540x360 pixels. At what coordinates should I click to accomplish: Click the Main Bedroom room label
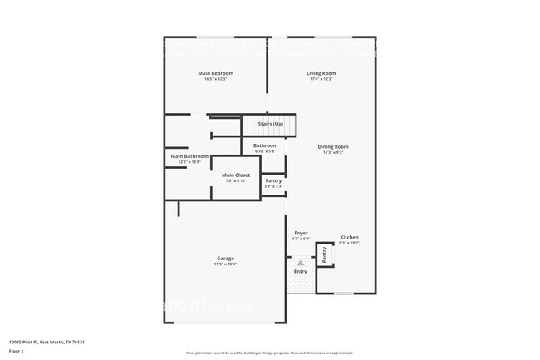tap(215, 73)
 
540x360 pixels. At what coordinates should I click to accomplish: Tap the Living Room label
tap(322, 73)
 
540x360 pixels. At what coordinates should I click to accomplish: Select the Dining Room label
tap(332, 147)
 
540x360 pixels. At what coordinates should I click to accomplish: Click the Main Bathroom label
tap(189, 156)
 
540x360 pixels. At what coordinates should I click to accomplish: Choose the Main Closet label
tap(236, 175)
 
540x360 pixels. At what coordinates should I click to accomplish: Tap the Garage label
tap(225, 259)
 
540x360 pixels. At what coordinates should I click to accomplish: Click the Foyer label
tap(301, 233)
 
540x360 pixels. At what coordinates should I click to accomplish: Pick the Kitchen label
tap(349, 237)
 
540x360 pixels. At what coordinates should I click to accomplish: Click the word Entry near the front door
tap(301, 271)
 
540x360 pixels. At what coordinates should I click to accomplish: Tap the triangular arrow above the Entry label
tap(301, 262)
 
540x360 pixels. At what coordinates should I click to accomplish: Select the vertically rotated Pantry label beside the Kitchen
tap(325, 254)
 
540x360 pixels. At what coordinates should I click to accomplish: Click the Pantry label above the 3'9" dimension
tap(273, 180)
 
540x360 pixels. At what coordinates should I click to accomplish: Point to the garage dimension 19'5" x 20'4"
tap(225, 264)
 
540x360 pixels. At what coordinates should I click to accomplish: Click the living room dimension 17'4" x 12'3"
tap(322, 79)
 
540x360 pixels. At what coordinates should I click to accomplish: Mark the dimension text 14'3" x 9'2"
tap(332, 153)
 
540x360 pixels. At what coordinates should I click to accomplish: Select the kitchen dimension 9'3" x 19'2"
tap(349, 243)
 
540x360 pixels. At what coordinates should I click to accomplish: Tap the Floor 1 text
tap(17, 351)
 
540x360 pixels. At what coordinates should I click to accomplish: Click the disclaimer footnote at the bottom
tap(269, 353)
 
